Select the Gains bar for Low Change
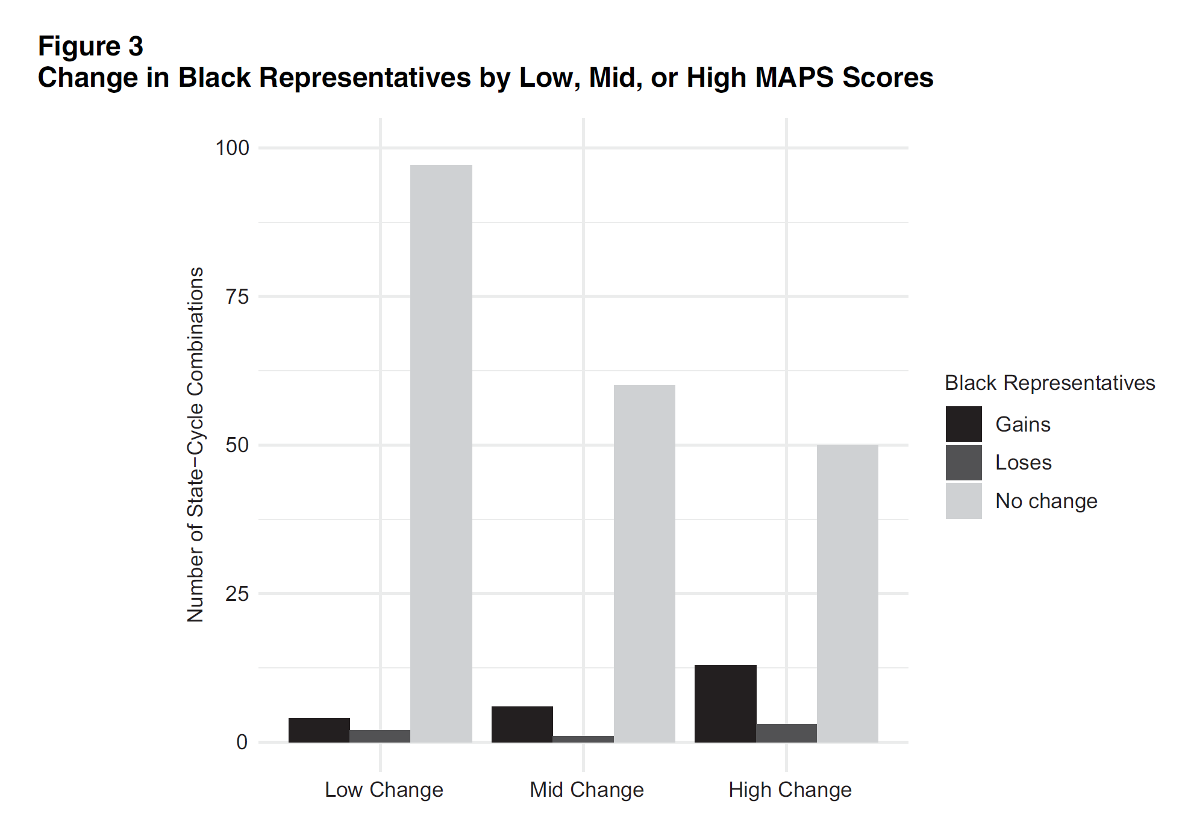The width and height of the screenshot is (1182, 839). click(319, 730)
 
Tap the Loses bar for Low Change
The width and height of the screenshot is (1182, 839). click(380, 736)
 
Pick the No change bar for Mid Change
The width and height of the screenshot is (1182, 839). click(644, 564)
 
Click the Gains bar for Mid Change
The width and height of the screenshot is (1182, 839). click(522, 724)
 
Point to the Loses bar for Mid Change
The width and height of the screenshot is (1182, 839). click(583, 739)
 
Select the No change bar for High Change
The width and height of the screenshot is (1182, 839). click(847, 593)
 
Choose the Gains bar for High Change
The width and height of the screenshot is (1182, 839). click(725, 703)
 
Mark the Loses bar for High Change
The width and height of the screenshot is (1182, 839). click(786, 733)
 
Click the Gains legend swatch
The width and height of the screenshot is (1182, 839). click(963, 424)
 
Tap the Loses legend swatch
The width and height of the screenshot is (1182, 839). click(963, 462)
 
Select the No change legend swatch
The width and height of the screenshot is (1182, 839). click(963, 501)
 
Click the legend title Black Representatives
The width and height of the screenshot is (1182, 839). click(1049, 383)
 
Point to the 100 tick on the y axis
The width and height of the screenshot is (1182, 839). click(233, 148)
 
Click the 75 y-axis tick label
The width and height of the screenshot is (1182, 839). click(237, 297)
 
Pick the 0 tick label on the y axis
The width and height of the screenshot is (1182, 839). click(242, 742)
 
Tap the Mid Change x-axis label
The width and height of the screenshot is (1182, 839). click(587, 790)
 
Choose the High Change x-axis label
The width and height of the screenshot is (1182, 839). click(790, 790)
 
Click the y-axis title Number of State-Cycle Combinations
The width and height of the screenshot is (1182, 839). click(195, 445)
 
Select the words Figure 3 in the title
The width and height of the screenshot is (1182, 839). click(91, 46)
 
